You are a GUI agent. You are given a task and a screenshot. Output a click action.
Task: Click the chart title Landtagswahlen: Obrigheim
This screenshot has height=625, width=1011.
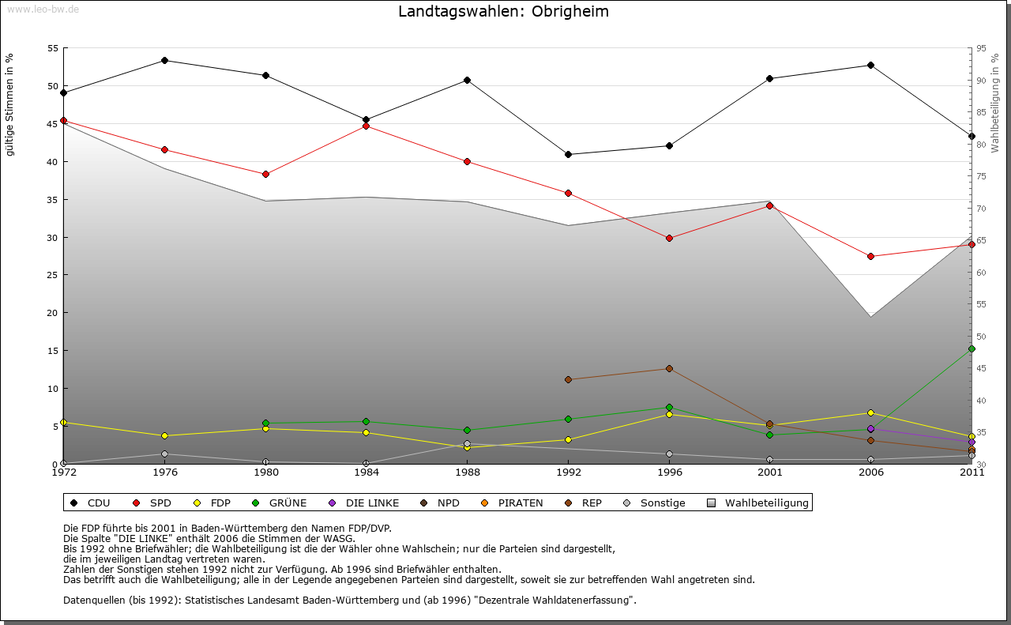503,12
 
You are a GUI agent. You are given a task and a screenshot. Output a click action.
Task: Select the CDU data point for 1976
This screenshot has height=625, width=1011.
164,61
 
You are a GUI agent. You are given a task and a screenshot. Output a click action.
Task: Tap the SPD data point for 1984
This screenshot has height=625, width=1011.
366,126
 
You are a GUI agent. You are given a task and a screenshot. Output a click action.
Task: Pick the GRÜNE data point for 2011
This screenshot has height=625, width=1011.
972,348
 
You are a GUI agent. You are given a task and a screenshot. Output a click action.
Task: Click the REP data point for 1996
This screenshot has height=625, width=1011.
669,369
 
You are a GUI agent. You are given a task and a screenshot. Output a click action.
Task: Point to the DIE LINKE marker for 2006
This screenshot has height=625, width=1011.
870,429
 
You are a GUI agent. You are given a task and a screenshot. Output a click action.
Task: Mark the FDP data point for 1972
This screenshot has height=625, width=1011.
63,423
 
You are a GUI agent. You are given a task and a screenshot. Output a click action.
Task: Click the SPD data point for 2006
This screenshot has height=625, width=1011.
870,256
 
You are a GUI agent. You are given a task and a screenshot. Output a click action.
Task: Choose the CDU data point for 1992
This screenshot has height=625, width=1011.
569,154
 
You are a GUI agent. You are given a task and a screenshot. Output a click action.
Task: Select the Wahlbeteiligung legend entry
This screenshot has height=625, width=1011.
758,503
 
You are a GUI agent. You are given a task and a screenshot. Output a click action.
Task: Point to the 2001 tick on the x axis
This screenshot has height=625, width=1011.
770,473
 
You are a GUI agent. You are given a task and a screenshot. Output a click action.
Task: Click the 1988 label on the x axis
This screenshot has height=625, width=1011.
468,473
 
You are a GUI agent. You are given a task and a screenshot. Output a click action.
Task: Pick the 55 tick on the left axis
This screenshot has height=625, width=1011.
54,48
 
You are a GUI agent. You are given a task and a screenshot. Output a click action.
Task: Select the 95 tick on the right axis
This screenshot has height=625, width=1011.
981,48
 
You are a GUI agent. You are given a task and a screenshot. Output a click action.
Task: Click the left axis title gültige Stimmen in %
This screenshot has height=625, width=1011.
10,104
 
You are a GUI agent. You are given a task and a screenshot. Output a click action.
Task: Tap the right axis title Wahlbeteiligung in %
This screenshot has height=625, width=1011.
995,103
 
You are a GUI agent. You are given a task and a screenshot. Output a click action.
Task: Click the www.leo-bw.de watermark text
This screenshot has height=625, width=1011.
43,9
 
